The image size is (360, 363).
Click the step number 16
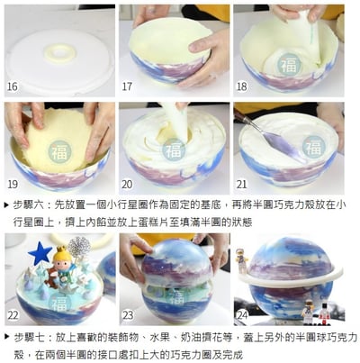tap(12, 87)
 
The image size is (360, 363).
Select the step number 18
tap(242, 87)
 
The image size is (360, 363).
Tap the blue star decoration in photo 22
tap(40, 252)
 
